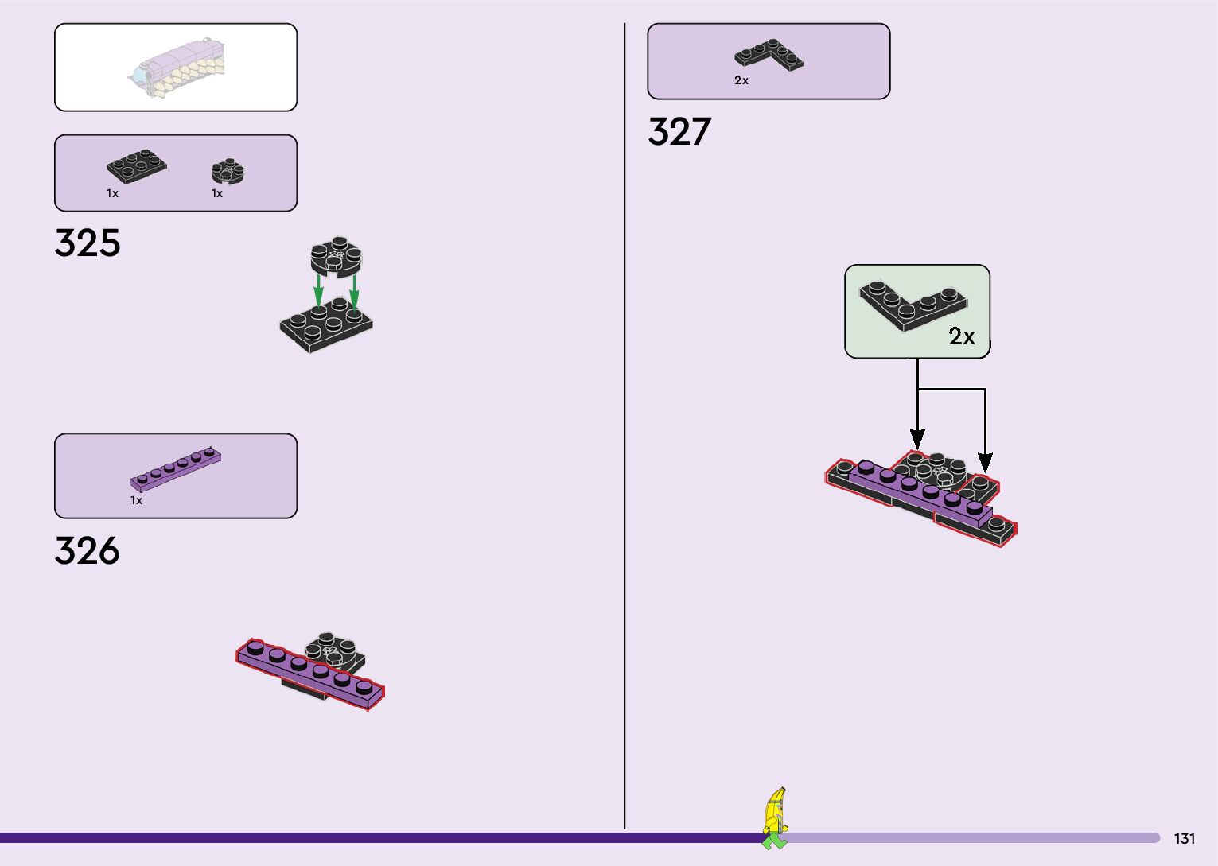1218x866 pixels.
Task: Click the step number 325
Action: [x=88, y=243]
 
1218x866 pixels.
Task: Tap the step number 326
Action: [x=88, y=550]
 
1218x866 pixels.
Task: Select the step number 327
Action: [x=679, y=132]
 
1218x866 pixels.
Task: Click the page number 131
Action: [x=1185, y=839]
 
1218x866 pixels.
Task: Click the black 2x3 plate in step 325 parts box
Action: [x=137, y=165]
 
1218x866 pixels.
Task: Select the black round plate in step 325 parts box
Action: [x=228, y=171]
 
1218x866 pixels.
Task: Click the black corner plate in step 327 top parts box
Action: [x=769, y=55]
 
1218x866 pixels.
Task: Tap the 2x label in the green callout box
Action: [x=962, y=337]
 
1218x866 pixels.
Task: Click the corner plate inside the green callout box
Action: [x=913, y=304]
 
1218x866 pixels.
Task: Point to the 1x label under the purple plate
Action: [x=137, y=501]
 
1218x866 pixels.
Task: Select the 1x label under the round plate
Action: [x=217, y=193]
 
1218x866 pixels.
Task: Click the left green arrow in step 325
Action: [x=318, y=290]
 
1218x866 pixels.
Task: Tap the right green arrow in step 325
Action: [x=354, y=290]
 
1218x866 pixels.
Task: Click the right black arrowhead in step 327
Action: [x=985, y=462]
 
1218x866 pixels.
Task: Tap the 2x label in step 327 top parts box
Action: [x=741, y=80]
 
